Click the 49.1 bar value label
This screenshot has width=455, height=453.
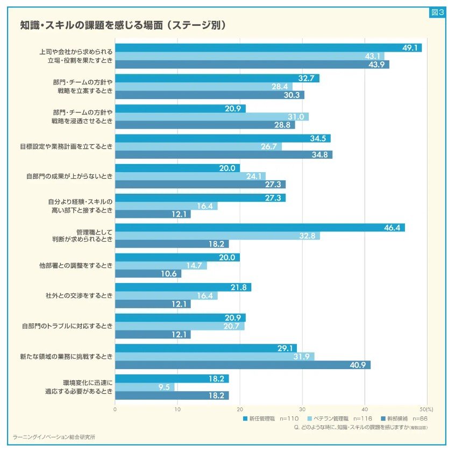pos(410,48)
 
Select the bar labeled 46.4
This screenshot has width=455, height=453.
pos(260,228)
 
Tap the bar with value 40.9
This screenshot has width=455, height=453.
pos(243,365)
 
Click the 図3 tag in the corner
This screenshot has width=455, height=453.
pos(437,13)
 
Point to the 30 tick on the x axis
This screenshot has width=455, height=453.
pos(302,409)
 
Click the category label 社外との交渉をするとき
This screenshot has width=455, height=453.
pos(79,296)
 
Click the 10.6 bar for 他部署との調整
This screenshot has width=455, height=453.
pos(148,274)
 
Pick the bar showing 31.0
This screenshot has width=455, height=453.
pos(212,117)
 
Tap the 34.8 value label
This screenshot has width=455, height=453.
pos(321,155)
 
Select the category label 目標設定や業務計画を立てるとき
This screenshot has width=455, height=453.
pos(67,146)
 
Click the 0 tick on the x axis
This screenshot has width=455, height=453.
pos(115,409)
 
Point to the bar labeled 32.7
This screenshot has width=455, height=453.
pos(217,78)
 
